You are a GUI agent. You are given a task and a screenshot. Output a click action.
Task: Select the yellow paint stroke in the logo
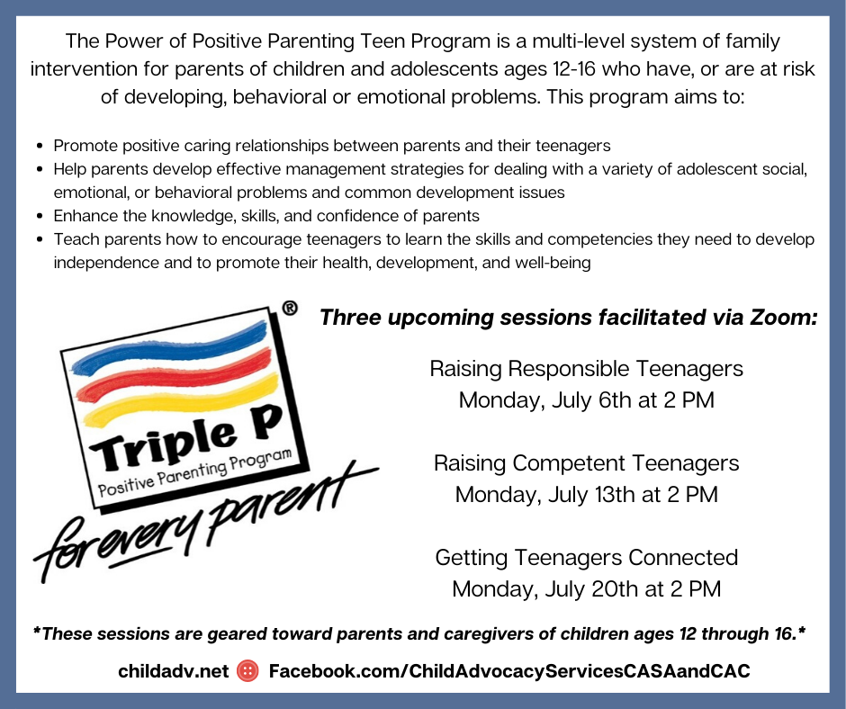(x=181, y=401)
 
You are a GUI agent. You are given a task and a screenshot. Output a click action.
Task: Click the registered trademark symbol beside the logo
(x=290, y=308)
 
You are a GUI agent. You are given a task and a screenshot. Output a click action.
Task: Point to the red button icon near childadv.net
(x=248, y=670)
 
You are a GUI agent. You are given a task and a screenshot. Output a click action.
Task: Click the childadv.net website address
(x=174, y=670)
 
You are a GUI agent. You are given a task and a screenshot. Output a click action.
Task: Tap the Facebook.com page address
(x=509, y=670)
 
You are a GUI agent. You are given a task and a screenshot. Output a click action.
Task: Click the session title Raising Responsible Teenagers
(x=587, y=369)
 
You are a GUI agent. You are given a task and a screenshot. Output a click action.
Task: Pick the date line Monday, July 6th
(x=587, y=400)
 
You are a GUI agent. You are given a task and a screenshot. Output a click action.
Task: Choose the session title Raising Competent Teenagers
(x=587, y=463)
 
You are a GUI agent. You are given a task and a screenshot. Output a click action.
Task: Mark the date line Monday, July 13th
(x=587, y=495)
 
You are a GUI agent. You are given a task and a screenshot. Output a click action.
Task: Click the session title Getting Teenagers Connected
(x=587, y=557)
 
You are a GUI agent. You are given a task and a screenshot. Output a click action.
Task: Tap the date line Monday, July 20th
(x=587, y=589)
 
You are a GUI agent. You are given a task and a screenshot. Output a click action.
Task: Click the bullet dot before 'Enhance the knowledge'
(x=40, y=216)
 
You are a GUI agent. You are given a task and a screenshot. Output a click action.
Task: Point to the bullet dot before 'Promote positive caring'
(x=40, y=147)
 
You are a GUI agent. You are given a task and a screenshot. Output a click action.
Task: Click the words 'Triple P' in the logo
(x=186, y=436)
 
